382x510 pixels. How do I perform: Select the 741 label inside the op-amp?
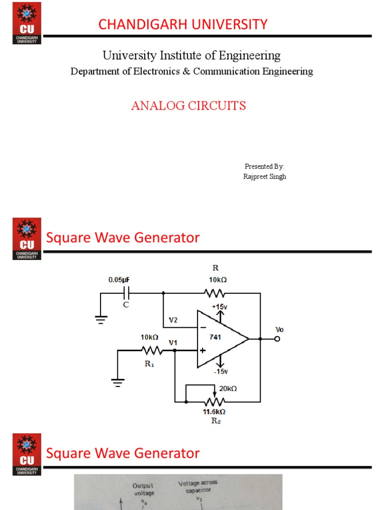[215, 337]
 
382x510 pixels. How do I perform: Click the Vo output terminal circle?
[277, 339]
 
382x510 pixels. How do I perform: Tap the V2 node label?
[173, 320]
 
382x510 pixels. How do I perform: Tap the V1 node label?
[173, 343]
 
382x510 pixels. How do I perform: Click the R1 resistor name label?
[149, 364]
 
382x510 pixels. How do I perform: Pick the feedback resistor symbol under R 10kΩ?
[214, 293]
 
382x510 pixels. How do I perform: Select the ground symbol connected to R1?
[118, 382]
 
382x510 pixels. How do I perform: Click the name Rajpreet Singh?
[265, 177]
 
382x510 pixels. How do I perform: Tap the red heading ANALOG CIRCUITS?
[189, 106]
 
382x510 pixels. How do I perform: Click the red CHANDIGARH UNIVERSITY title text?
[183, 24]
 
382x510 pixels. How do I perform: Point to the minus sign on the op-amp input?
[203, 328]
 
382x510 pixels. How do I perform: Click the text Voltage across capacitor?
[198, 486]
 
